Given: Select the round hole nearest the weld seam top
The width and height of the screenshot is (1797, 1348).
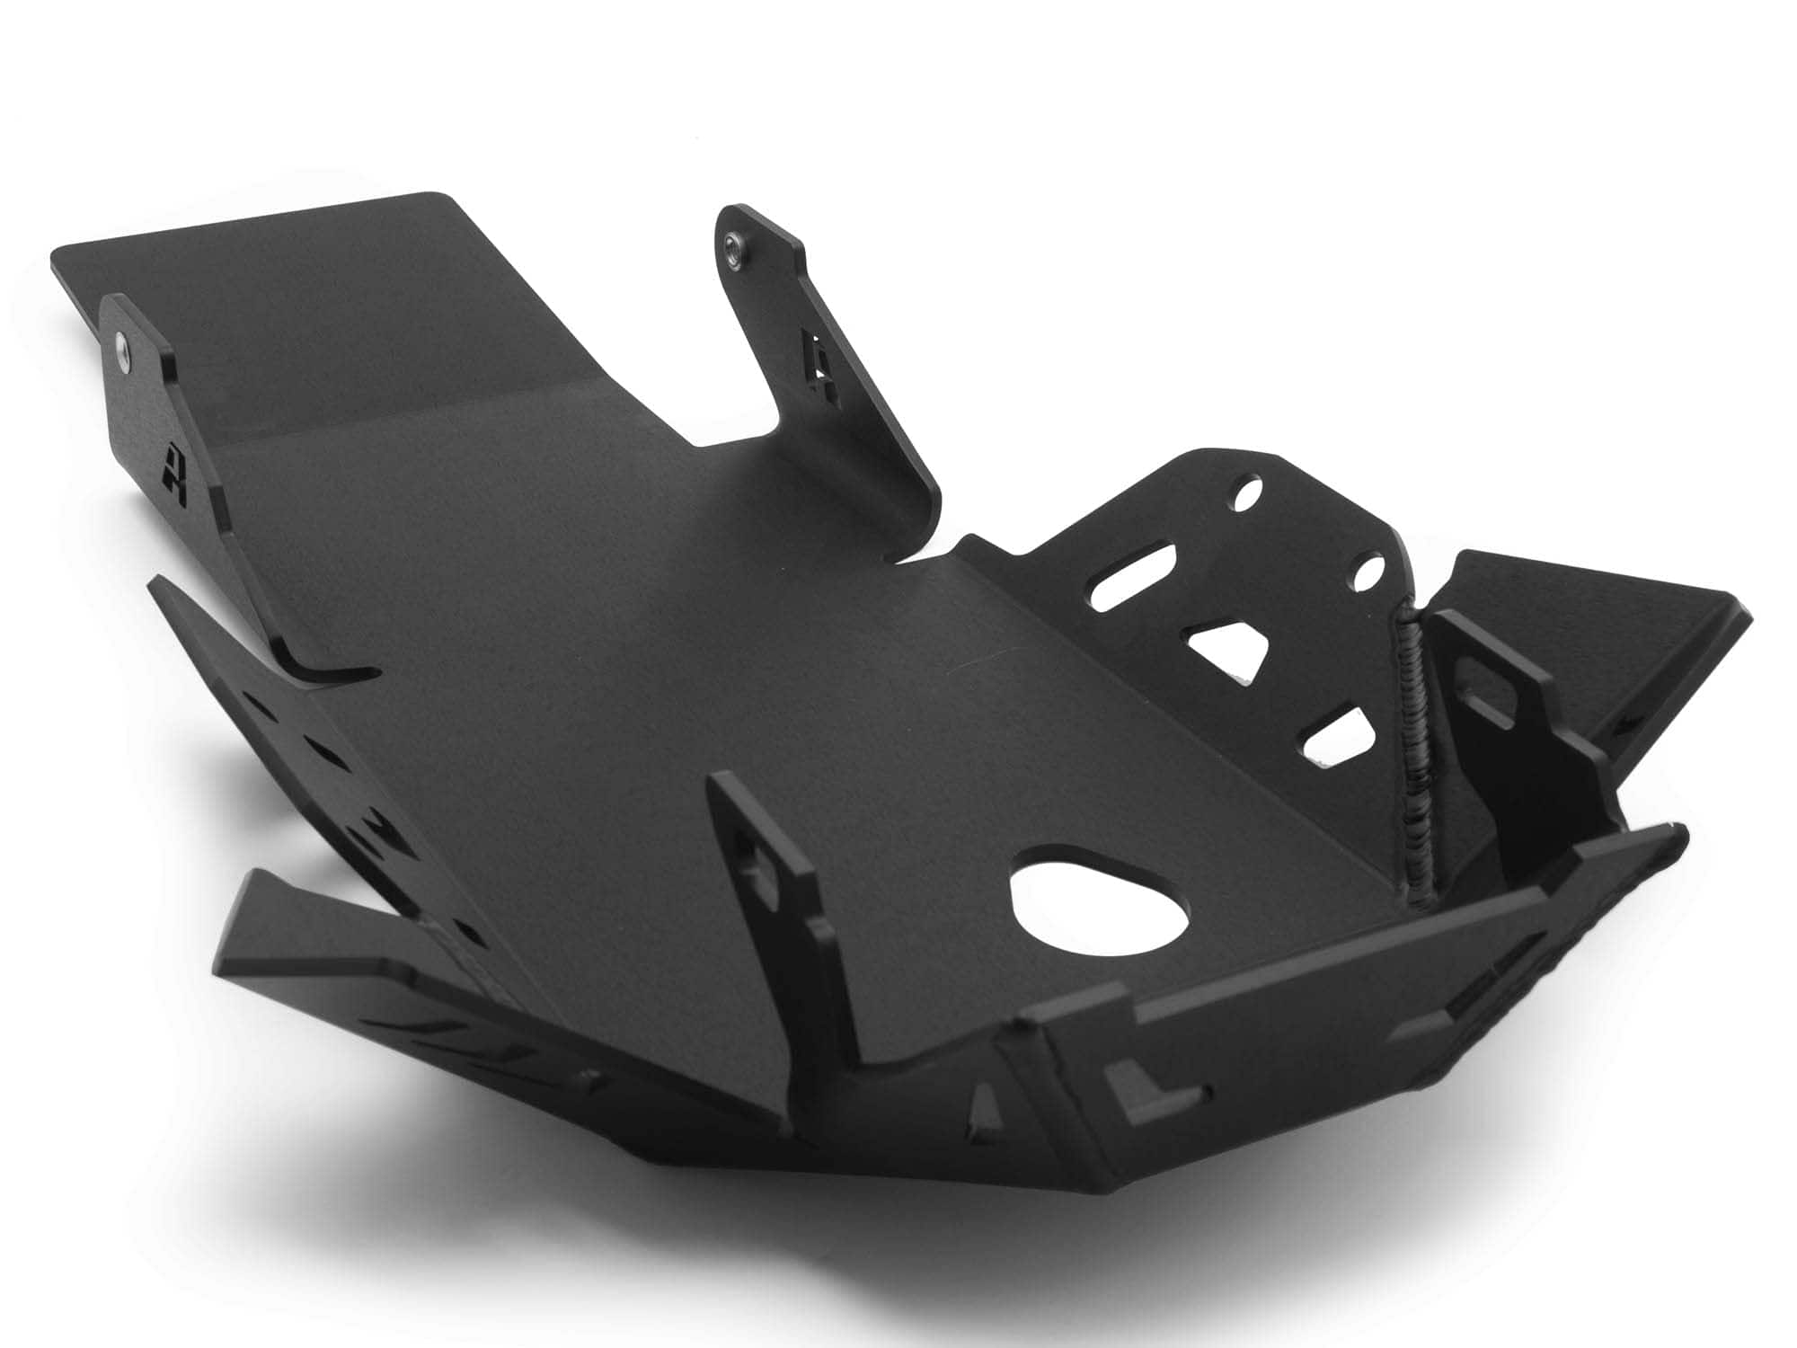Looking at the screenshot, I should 1368,572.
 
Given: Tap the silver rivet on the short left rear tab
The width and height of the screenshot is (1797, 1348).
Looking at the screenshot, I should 124,342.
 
